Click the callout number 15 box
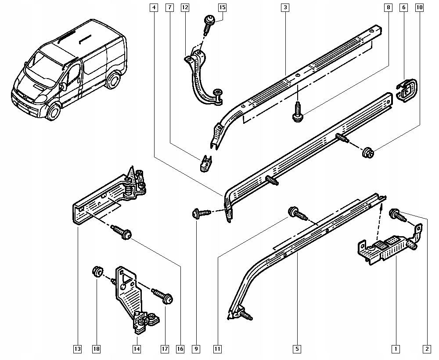coord(222,7)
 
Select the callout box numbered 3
coord(285,7)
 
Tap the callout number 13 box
coord(77,349)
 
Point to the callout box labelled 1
coord(396,349)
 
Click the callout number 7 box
coord(169,7)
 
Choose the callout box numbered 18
coord(96,349)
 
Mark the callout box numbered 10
coord(420,7)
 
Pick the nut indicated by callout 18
coord(96,272)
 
